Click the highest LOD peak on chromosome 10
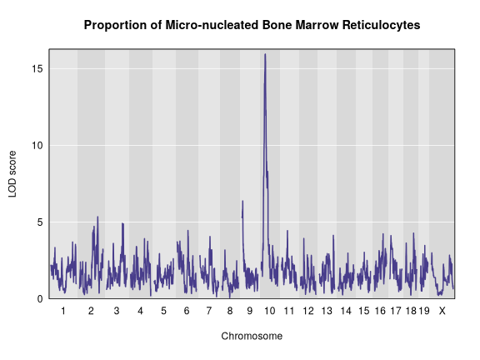pos(265,55)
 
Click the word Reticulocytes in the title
pos(379,25)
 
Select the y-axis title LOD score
pos(12,175)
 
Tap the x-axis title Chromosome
pos(252,337)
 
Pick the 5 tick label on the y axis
pos(34,222)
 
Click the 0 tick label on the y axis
pos(34,299)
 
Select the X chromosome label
pos(442,311)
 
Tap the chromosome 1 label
pos(63,311)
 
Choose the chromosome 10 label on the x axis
pos(268,311)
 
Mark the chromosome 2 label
pos(91,311)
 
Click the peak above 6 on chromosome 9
pos(242,201)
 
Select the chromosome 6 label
pos(187,311)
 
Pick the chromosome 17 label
pos(396,311)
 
